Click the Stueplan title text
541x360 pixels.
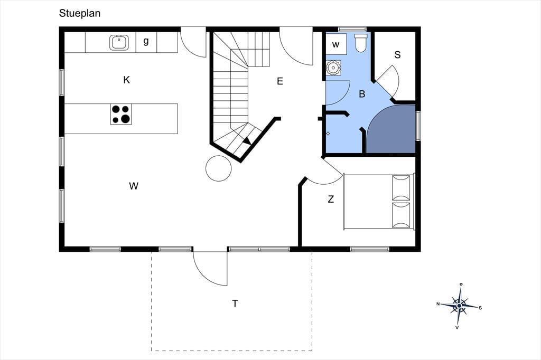[80, 13]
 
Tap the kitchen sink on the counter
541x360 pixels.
[119, 42]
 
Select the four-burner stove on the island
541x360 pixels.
[121, 114]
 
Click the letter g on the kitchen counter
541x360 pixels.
[146, 41]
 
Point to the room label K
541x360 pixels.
[127, 80]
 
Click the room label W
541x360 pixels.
[134, 186]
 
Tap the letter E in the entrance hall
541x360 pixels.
[280, 81]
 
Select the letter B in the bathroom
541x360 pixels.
[362, 94]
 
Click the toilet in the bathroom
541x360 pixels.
[360, 43]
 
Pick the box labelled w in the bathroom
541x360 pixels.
[336, 44]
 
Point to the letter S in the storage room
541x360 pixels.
[397, 55]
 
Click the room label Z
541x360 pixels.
[331, 199]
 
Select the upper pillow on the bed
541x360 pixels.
[402, 187]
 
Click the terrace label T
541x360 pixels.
[235, 304]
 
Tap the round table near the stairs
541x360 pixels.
[218, 168]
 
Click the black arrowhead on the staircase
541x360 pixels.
[247, 140]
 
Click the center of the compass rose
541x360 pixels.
[459, 306]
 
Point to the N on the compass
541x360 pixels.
[438, 304]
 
